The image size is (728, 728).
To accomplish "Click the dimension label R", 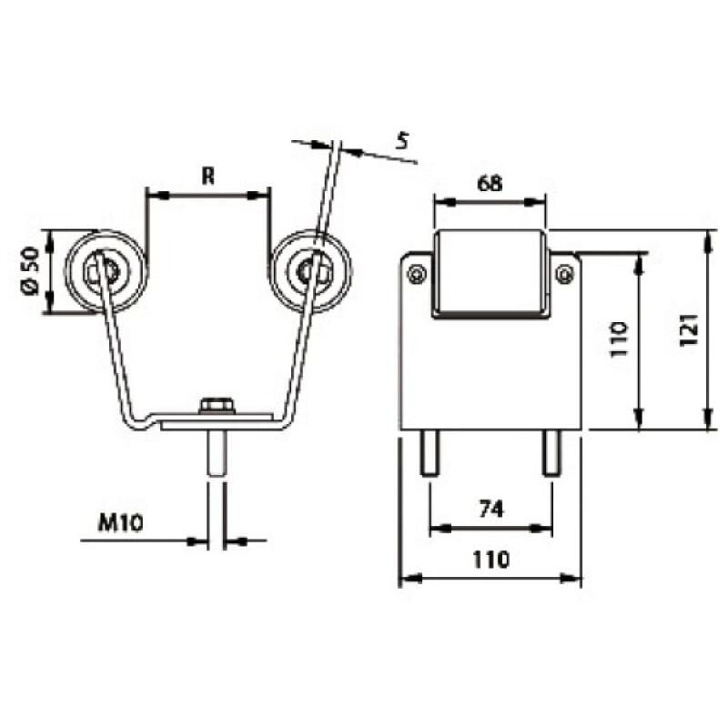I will pyautogui.click(x=207, y=177).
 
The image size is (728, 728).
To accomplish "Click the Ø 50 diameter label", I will pyautogui.click(x=29, y=272).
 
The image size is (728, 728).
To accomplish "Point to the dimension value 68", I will pyautogui.click(x=490, y=183).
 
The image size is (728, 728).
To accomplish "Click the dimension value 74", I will pyautogui.click(x=490, y=510).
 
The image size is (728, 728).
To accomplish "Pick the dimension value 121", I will pyautogui.click(x=689, y=331).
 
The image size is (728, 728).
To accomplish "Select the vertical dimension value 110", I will pyautogui.click(x=619, y=340).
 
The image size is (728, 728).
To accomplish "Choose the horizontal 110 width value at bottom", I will pyautogui.click(x=490, y=560).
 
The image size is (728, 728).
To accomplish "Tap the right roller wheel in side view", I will pyautogui.click(x=311, y=270).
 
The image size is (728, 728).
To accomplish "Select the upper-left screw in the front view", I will pyautogui.click(x=417, y=272).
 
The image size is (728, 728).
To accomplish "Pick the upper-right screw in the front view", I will pyautogui.click(x=564, y=272).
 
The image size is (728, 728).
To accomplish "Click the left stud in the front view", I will pyautogui.click(x=429, y=452).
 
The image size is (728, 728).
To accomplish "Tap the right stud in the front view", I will pyautogui.click(x=551, y=452).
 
